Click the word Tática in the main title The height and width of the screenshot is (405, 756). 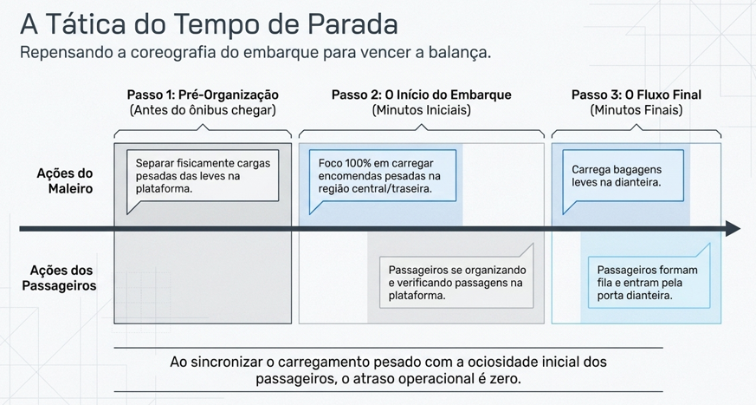[x=89, y=23]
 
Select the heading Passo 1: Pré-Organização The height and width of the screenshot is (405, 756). [x=203, y=95]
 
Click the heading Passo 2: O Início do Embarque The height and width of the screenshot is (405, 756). [x=422, y=95]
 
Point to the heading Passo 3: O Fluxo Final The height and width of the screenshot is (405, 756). [x=636, y=95]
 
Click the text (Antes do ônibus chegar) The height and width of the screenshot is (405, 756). [x=203, y=110]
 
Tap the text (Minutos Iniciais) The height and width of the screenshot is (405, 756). [x=422, y=110]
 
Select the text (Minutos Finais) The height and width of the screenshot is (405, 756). [x=636, y=110]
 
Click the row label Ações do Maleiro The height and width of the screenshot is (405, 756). [x=65, y=180]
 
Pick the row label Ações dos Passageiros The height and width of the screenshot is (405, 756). [x=59, y=278]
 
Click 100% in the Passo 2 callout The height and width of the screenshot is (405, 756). [x=358, y=163]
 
